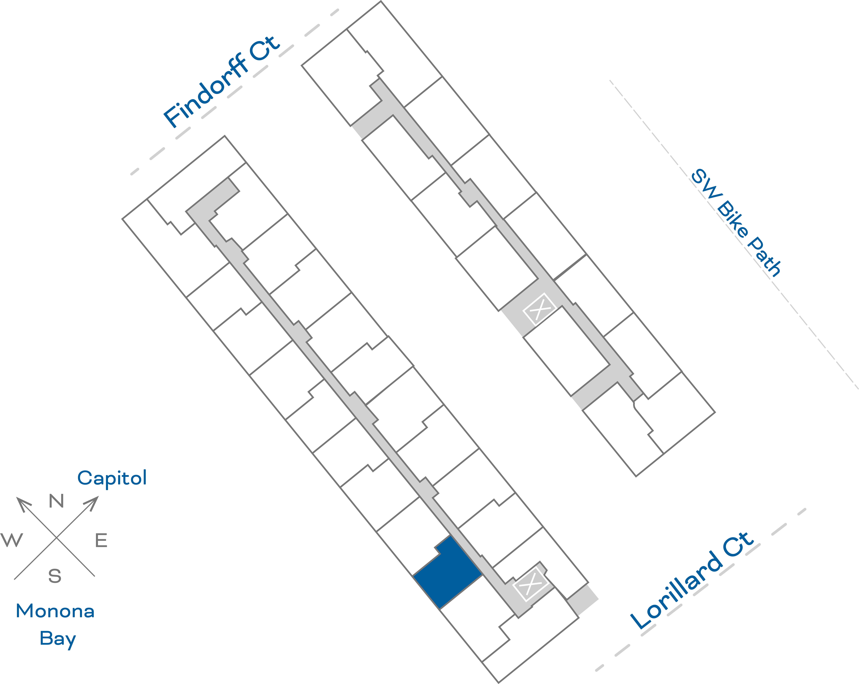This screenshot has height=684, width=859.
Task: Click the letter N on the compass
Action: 56,501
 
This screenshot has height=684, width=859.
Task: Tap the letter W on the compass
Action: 12,540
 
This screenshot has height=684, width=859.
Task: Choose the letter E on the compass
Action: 101,541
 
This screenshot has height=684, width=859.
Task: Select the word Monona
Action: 55,611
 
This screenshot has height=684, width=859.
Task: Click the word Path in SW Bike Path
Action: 764,257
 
